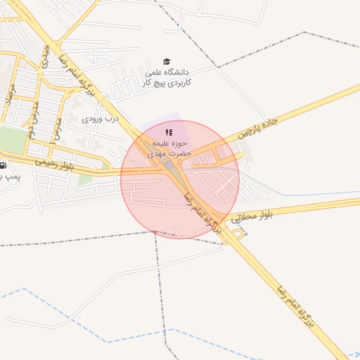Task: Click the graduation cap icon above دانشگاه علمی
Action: (167, 62)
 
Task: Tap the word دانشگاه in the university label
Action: (176, 72)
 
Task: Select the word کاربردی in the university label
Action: (176, 82)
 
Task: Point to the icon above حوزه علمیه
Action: (169, 132)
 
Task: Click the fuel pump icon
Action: (3, 166)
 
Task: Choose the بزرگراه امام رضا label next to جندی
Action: (86, 78)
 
